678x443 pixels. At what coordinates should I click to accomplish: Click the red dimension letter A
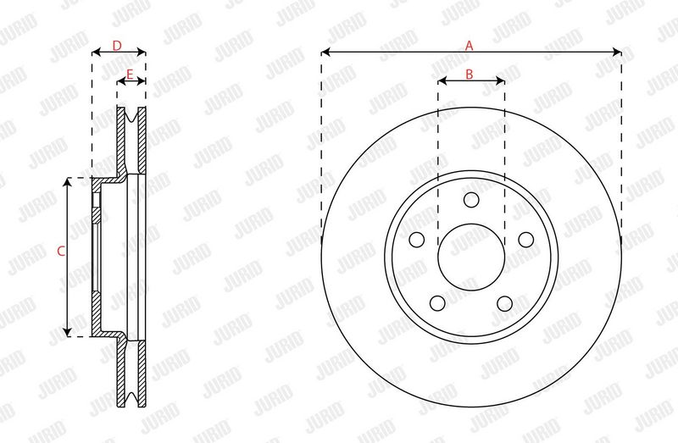click(x=470, y=46)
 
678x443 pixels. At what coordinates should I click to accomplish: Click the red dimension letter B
click(x=470, y=75)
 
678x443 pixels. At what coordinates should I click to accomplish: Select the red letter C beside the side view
click(x=61, y=251)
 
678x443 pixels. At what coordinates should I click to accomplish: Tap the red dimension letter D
click(x=117, y=46)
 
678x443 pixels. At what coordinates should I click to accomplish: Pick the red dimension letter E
click(x=130, y=75)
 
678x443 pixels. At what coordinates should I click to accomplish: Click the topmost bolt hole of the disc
click(x=471, y=200)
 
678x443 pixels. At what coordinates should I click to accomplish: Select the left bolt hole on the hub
click(x=416, y=240)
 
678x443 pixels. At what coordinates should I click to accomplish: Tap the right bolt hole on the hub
click(x=526, y=240)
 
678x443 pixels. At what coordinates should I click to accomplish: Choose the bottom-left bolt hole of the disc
click(x=437, y=303)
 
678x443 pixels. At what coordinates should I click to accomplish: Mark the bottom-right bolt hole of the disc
click(x=505, y=303)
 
